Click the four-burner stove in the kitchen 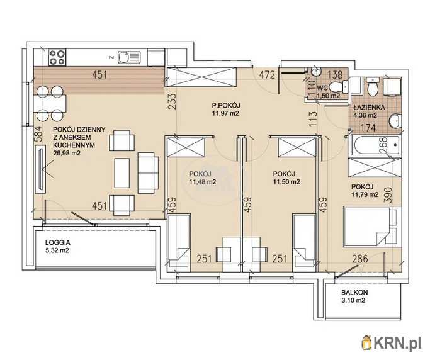point(57,57)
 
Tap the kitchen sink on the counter point(129,57)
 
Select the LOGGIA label point(58,242)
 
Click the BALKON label point(354,292)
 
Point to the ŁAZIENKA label point(369,108)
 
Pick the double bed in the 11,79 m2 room point(370,227)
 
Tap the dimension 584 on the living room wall point(38,134)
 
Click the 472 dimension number point(268,75)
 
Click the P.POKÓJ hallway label point(226,105)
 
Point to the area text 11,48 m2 point(202,181)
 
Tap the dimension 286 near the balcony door point(359,259)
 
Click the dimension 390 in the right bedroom point(388,195)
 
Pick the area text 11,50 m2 point(286,181)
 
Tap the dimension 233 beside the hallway point(172,102)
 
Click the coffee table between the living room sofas point(122,173)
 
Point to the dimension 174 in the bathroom point(368,128)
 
